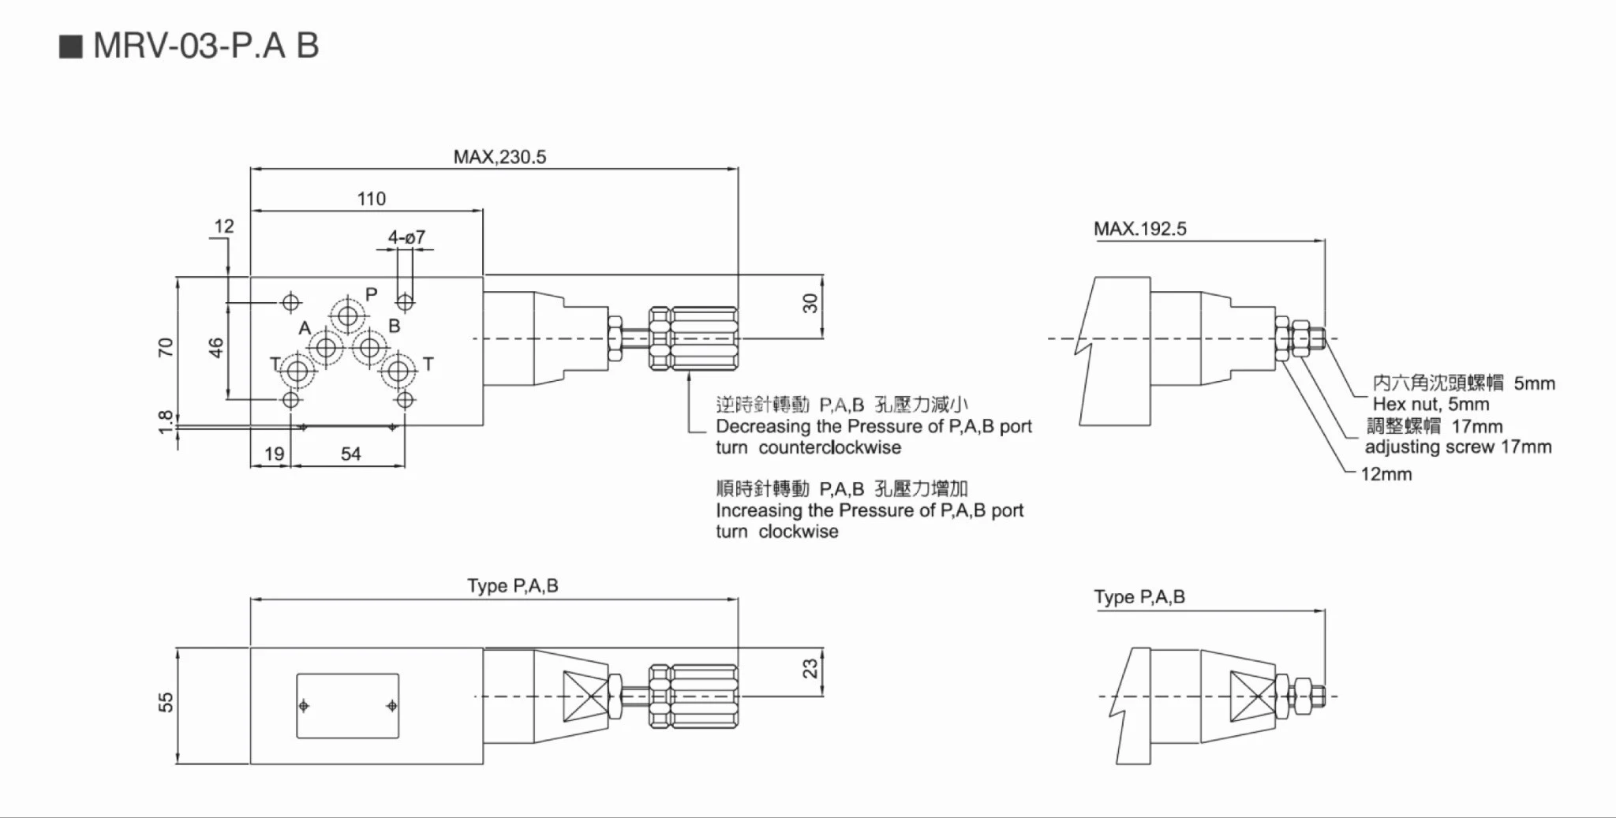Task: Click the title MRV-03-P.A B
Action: coord(205,46)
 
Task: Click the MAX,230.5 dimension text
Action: coord(499,157)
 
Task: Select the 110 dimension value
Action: coord(371,199)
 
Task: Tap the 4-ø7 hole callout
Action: coord(406,237)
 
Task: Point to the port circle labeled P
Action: coord(347,316)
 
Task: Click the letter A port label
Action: coord(305,328)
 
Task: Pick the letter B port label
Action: coord(395,326)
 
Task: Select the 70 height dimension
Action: coord(166,347)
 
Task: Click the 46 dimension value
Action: coord(216,347)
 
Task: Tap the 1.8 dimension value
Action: coord(166,421)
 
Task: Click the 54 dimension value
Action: coord(350,454)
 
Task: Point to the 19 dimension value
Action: coord(274,454)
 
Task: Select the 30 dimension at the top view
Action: coord(810,304)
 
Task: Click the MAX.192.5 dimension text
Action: coord(1139,230)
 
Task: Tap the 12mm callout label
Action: coord(1386,475)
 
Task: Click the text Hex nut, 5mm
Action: coord(1431,405)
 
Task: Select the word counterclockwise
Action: coord(829,448)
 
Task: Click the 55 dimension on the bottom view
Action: coord(166,702)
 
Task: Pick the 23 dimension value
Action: coord(810,669)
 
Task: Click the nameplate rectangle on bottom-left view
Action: coord(347,706)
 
